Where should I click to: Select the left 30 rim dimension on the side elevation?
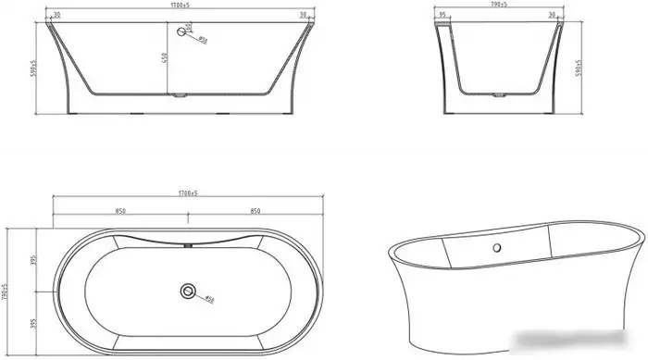(x=57, y=15)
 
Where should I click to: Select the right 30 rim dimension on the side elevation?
(x=304, y=15)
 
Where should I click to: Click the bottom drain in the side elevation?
(x=181, y=93)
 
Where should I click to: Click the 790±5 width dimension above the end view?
(x=501, y=6)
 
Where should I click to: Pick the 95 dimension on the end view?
(x=444, y=15)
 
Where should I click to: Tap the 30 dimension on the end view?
(x=551, y=15)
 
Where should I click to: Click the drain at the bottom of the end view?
(x=501, y=93)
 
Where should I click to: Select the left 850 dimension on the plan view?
(x=119, y=212)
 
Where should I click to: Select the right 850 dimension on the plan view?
(x=255, y=212)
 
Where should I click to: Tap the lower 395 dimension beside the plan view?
(x=32, y=324)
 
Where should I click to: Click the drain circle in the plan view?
(x=188, y=292)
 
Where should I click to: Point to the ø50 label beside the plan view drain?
(x=209, y=300)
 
